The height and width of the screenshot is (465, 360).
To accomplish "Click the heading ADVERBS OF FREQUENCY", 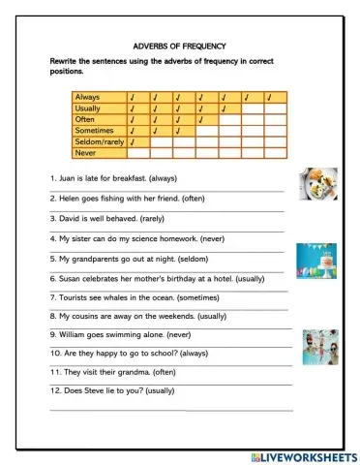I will (179, 46).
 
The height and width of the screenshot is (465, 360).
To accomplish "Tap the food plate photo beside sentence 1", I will (317, 181).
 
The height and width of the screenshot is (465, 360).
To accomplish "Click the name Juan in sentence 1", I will (68, 178).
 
